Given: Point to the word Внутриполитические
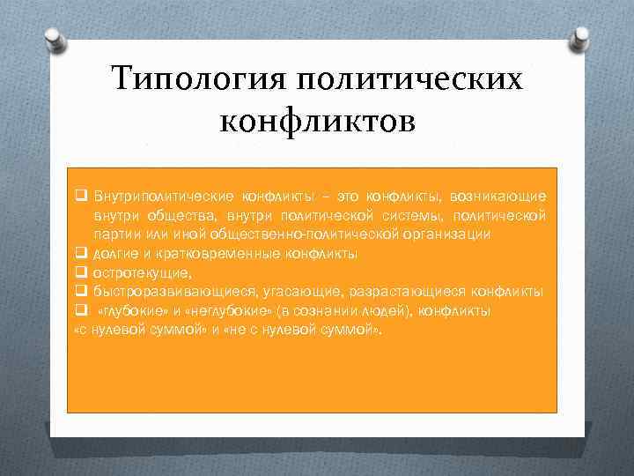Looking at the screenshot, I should pyautogui.click(x=164, y=196).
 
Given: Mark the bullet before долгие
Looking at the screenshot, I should pyautogui.click(x=80, y=254).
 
